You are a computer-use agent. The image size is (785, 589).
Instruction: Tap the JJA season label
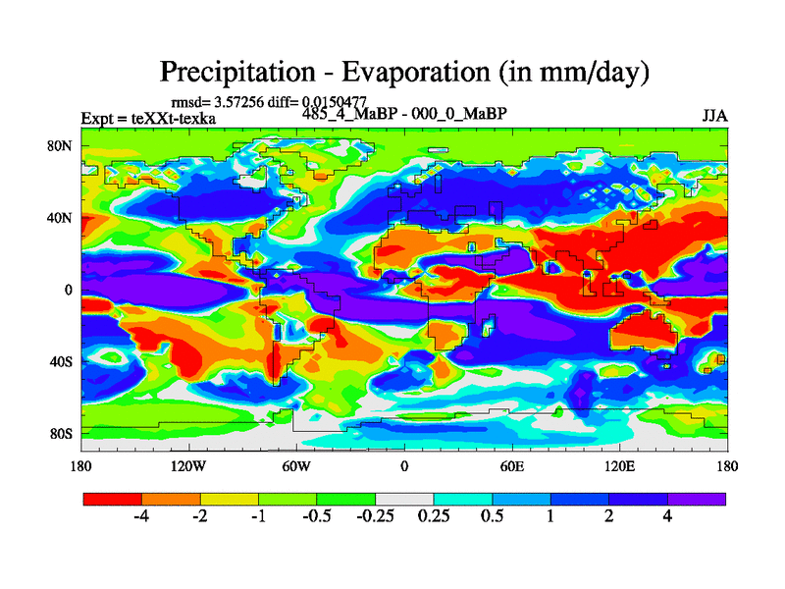pyautogui.click(x=714, y=116)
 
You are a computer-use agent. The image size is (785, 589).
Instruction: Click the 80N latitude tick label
pyautogui.click(x=62, y=146)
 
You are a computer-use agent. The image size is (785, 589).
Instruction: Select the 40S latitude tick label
pyautogui.click(x=62, y=361)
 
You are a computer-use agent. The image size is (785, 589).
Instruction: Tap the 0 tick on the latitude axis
pyautogui.click(x=69, y=290)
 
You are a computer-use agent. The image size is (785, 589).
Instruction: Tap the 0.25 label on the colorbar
pyautogui.click(x=433, y=517)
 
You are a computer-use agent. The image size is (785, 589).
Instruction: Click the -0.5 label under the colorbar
pyautogui.click(x=316, y=517)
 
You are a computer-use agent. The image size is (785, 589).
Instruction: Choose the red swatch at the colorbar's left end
pyautogui.click(x=112, y=499)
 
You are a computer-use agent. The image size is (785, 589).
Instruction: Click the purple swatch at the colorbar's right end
pyautogui.click(x=697, y=499)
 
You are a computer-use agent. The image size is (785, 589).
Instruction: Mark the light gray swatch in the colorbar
pyautogui.click(x=404, y=499)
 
